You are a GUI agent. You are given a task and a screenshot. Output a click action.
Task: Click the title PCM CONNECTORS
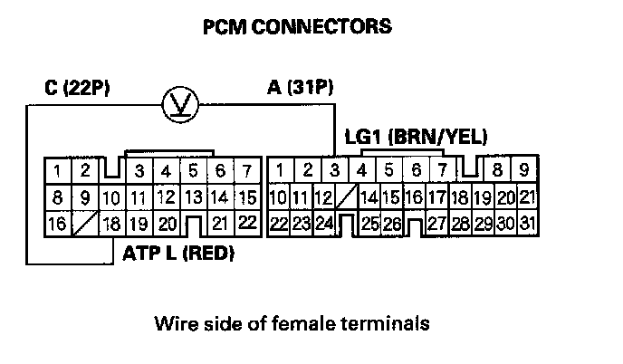298,26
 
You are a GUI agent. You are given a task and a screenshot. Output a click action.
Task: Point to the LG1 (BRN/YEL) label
417,138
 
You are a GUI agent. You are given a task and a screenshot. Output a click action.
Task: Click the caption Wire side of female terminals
291,321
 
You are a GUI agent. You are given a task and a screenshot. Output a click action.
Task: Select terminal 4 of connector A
361,169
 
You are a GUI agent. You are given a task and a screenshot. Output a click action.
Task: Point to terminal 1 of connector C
57,169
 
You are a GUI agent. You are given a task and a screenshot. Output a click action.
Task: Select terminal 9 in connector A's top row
523,169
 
